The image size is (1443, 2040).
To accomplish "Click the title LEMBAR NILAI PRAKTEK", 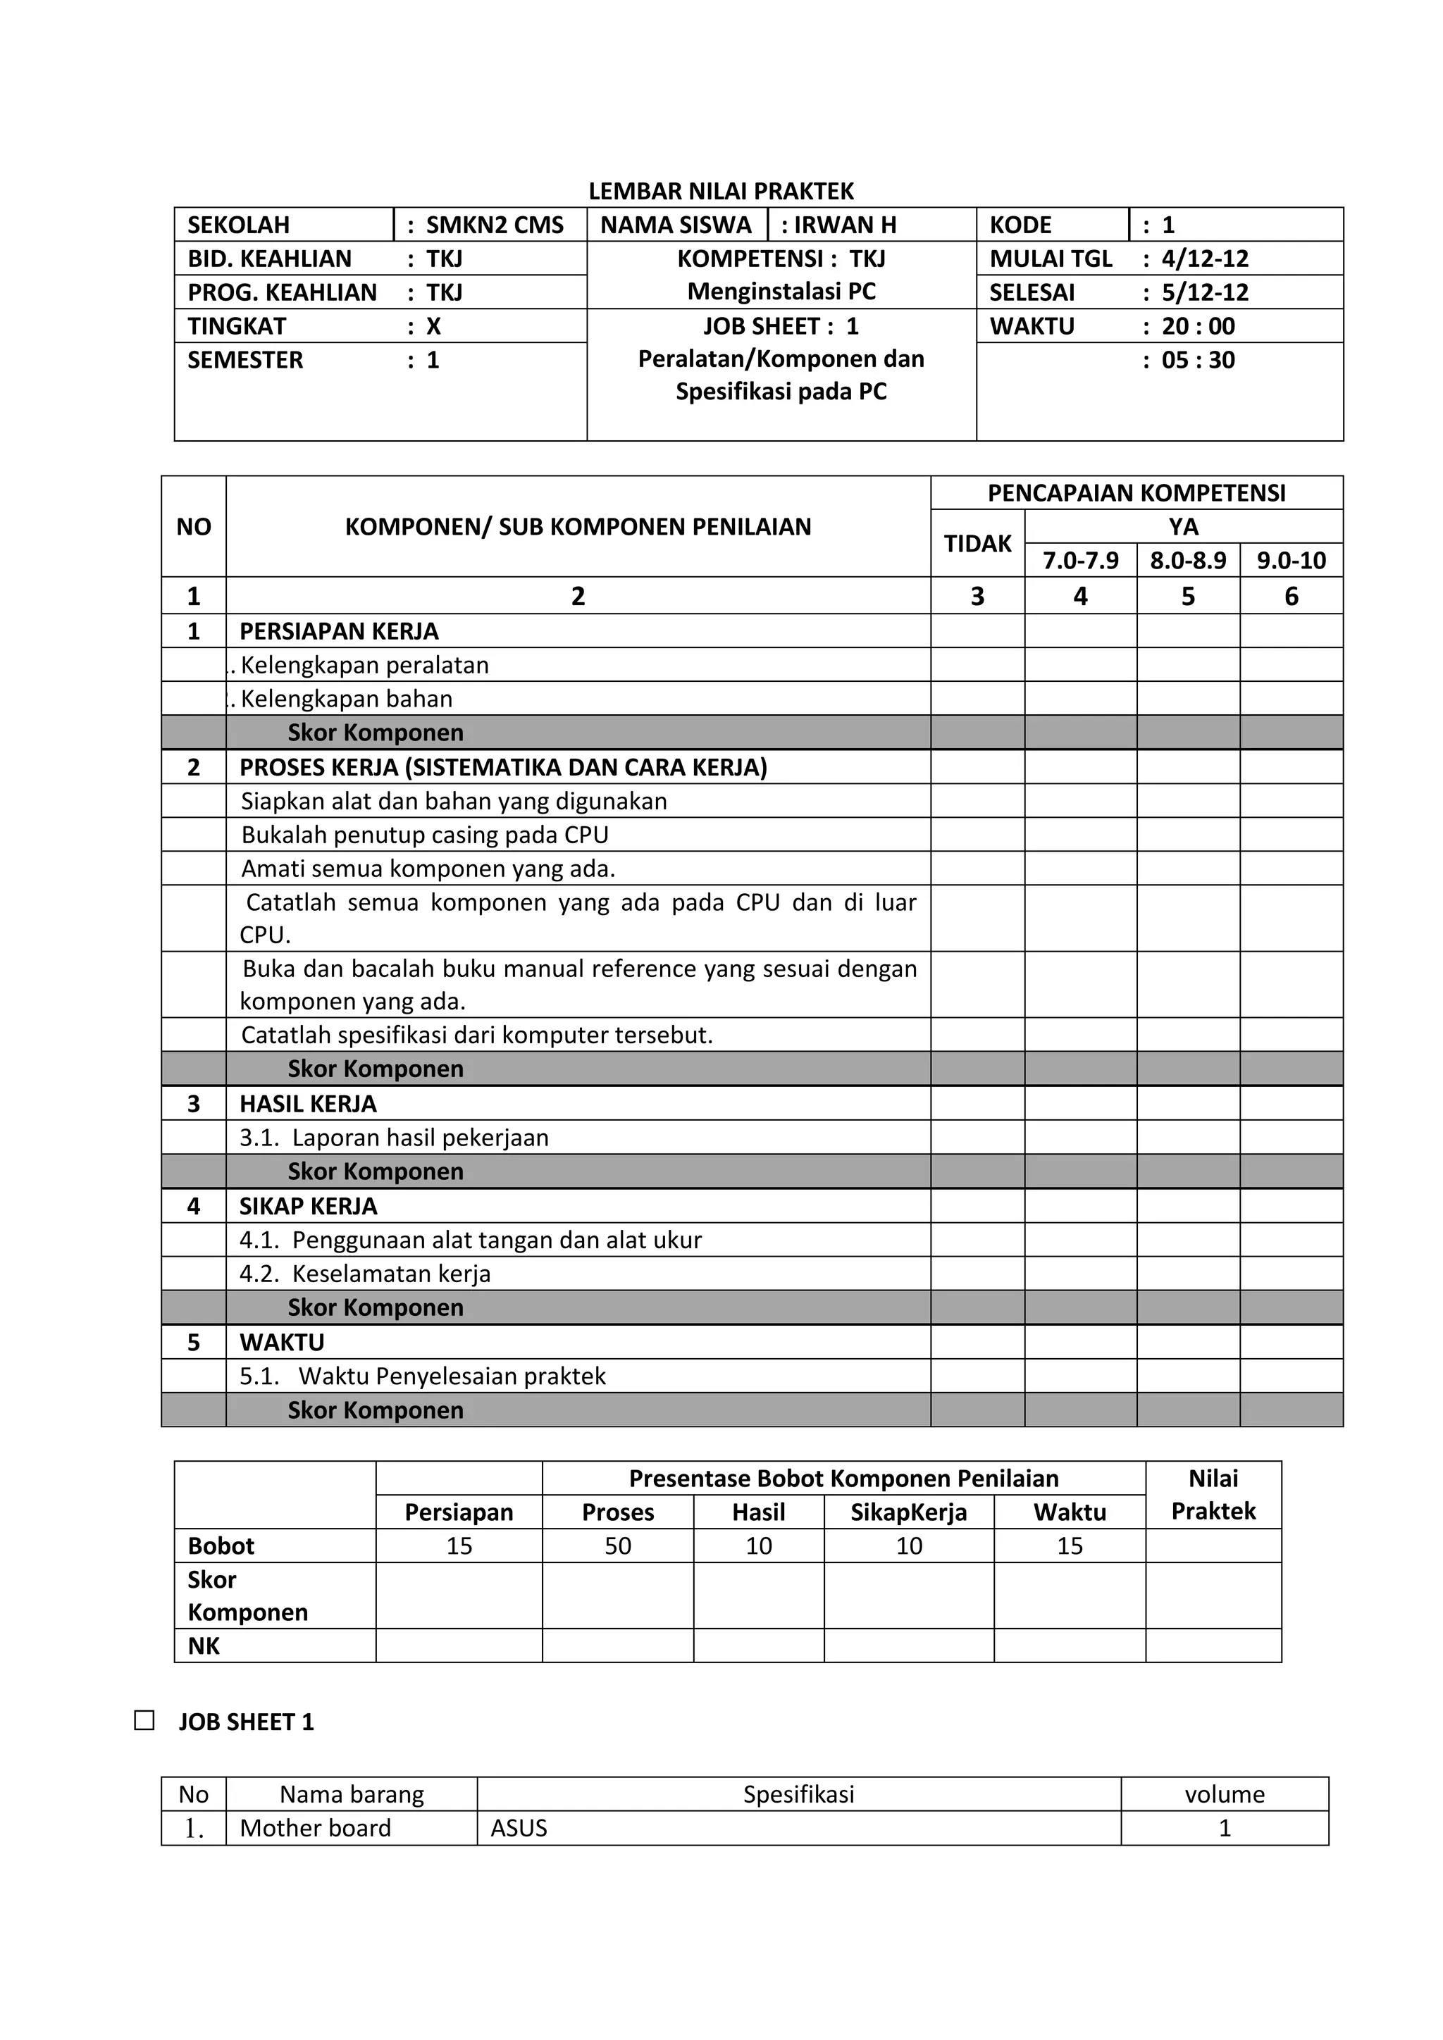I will pyautogui.click(x=721, y=191).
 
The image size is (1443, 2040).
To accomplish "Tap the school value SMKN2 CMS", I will pyautogui.click(x=494, y=225).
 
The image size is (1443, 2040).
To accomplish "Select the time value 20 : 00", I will pyautogui.click(x=1198, y=326).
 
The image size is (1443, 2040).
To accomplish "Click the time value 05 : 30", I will pyautogui.click(x=1198, y=360).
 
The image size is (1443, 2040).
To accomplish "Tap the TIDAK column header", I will pyautogui.click(x=977, y=544).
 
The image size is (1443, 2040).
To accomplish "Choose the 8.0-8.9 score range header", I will pyautogui.click(x=1188, y=561).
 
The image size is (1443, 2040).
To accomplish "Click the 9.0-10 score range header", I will pyautogui.click(x=1291, y=561).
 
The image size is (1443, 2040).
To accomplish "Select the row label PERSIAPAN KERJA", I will pyautogui.click(x=338, y=631).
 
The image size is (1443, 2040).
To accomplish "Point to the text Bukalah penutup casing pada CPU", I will pyautogui.click(x=425, y=835).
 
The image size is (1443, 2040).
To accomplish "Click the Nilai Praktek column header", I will pyautogui.click(x=1213, y=1495).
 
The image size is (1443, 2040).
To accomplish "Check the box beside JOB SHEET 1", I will pyautogui.click(x=144, y=1720).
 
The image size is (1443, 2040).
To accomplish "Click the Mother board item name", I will pyautogui.click(x=316, y=1828).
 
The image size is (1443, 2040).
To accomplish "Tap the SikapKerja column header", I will pyautogui.click(x=908, y=1512).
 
